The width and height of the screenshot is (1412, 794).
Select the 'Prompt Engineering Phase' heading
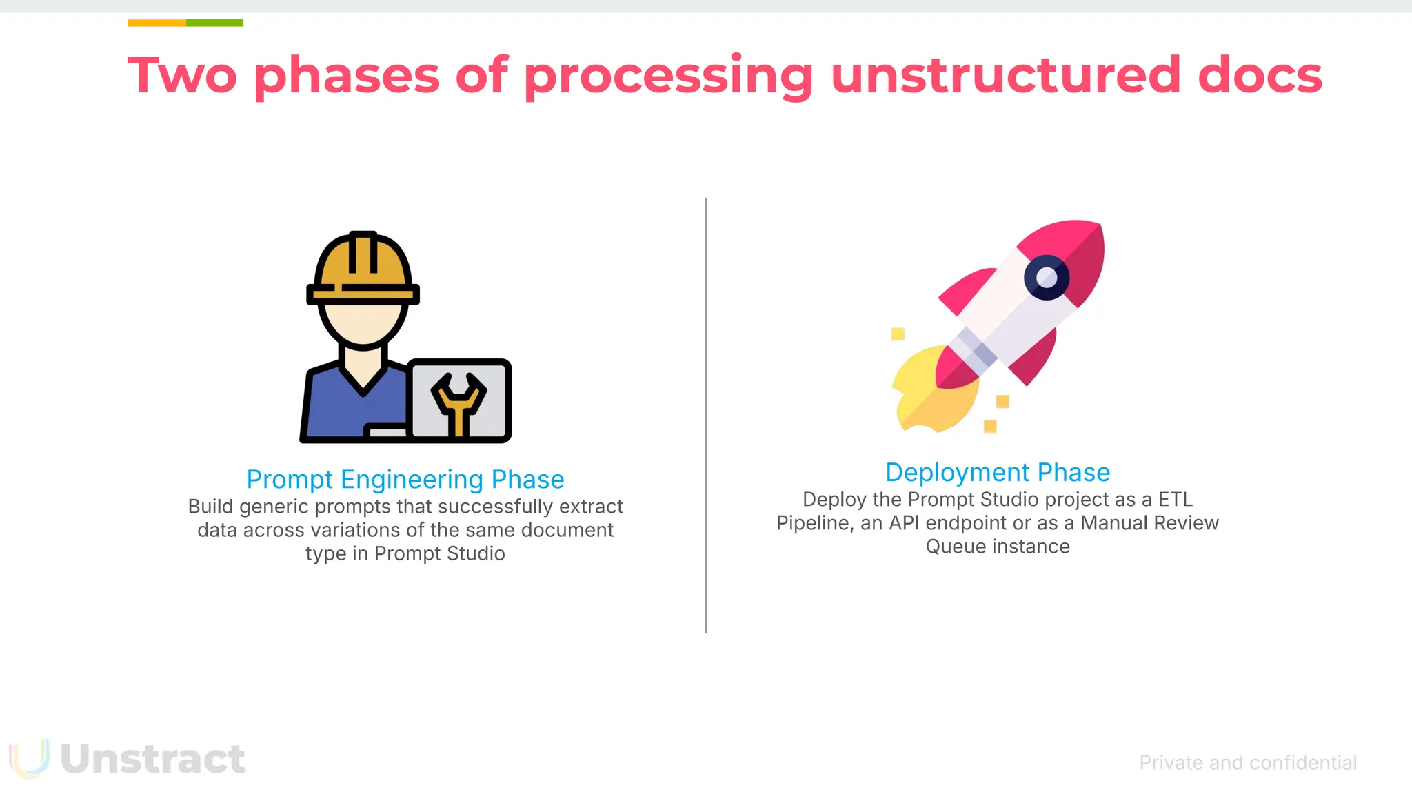coord(405,479)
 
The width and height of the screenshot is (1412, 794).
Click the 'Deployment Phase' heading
coord(998,472)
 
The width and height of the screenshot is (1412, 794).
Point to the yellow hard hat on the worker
coord(363,265)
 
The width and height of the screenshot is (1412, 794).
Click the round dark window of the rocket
coord(1047,278)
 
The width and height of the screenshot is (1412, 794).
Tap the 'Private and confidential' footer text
coord(1248,763)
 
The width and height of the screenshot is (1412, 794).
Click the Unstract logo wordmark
coord(152,759)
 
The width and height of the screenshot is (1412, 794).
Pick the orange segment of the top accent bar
coord(157,23)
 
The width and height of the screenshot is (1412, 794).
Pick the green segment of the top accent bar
coord(214,23)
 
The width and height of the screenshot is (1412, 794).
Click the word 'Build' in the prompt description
coord(210,507)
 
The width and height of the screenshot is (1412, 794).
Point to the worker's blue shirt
coord(331,407)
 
